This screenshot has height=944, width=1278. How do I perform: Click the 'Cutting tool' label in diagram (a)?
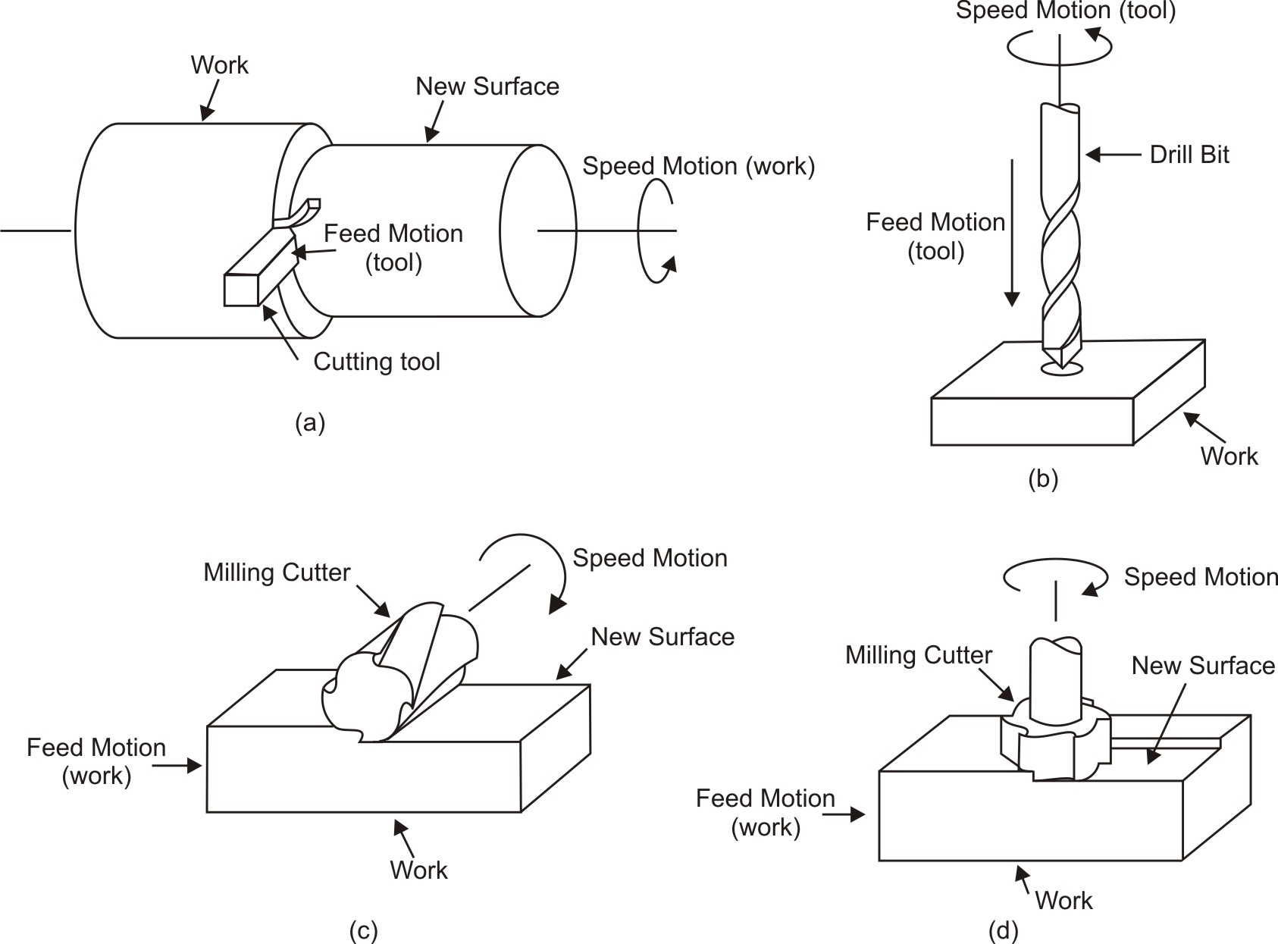(377, 362)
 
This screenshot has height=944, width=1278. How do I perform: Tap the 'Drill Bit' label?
(1189, 155)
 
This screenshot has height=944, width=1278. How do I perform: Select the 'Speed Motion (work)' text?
(698, 166)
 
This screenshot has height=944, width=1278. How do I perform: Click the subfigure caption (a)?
(310, 422)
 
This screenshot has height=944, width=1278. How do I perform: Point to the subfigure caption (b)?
(1043, 478)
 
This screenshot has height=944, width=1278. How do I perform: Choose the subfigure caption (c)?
(363, 930)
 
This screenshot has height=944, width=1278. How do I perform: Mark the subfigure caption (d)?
(1004, 930)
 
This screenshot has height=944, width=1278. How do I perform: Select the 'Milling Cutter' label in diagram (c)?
(277, 572)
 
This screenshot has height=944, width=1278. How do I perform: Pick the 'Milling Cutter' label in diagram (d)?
(919, 655)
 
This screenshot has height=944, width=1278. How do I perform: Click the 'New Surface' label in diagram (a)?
(487, 86)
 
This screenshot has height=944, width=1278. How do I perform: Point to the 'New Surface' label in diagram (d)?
(1203, 666)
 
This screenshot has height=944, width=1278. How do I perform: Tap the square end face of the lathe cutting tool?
(242, 290)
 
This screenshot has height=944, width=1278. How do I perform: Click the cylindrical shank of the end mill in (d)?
(1056, 682)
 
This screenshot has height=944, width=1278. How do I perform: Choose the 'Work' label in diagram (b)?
(1229, 456)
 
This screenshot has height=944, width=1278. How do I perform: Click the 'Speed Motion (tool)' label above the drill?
(1065, 11)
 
